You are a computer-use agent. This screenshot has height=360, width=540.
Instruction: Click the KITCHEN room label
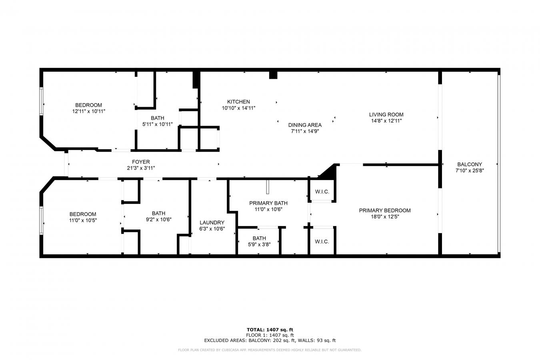click(238, 102)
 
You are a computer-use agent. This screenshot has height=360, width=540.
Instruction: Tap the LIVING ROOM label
click(386, 114)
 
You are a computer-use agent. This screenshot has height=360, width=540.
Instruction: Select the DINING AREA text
click(305, 125)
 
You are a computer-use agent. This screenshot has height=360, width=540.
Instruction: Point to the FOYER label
click(141, 162)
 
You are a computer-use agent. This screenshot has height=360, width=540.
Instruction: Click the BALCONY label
click(470, 164)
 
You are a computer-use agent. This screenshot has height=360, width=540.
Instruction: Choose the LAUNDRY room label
click(212, 222)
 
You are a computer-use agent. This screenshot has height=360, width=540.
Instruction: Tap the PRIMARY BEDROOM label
click(385, 210)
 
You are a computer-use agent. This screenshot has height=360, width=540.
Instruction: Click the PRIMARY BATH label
click(268, 203)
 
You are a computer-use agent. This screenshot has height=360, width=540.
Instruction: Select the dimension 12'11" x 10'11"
click(89, 111)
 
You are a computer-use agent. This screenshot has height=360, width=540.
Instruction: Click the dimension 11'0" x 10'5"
click(83, 220)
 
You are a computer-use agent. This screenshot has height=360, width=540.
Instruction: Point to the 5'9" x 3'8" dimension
click(259, 244)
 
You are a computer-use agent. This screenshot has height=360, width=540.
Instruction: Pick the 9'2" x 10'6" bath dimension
click(159, 220)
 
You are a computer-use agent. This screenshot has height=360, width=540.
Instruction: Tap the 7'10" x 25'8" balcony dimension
click(470, 170)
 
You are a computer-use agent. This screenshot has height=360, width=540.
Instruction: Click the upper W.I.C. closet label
click(322, 192)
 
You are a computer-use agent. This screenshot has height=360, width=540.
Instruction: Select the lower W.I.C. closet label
click(322, 242)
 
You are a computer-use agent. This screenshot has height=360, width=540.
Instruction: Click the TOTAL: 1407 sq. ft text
click(270, 330)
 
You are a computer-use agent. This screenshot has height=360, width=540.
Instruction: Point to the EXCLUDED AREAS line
click(270, 340)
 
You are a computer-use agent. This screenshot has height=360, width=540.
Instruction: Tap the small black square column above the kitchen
click(273, 75)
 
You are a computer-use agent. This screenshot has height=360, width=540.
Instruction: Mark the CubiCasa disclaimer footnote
click(270, 350)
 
